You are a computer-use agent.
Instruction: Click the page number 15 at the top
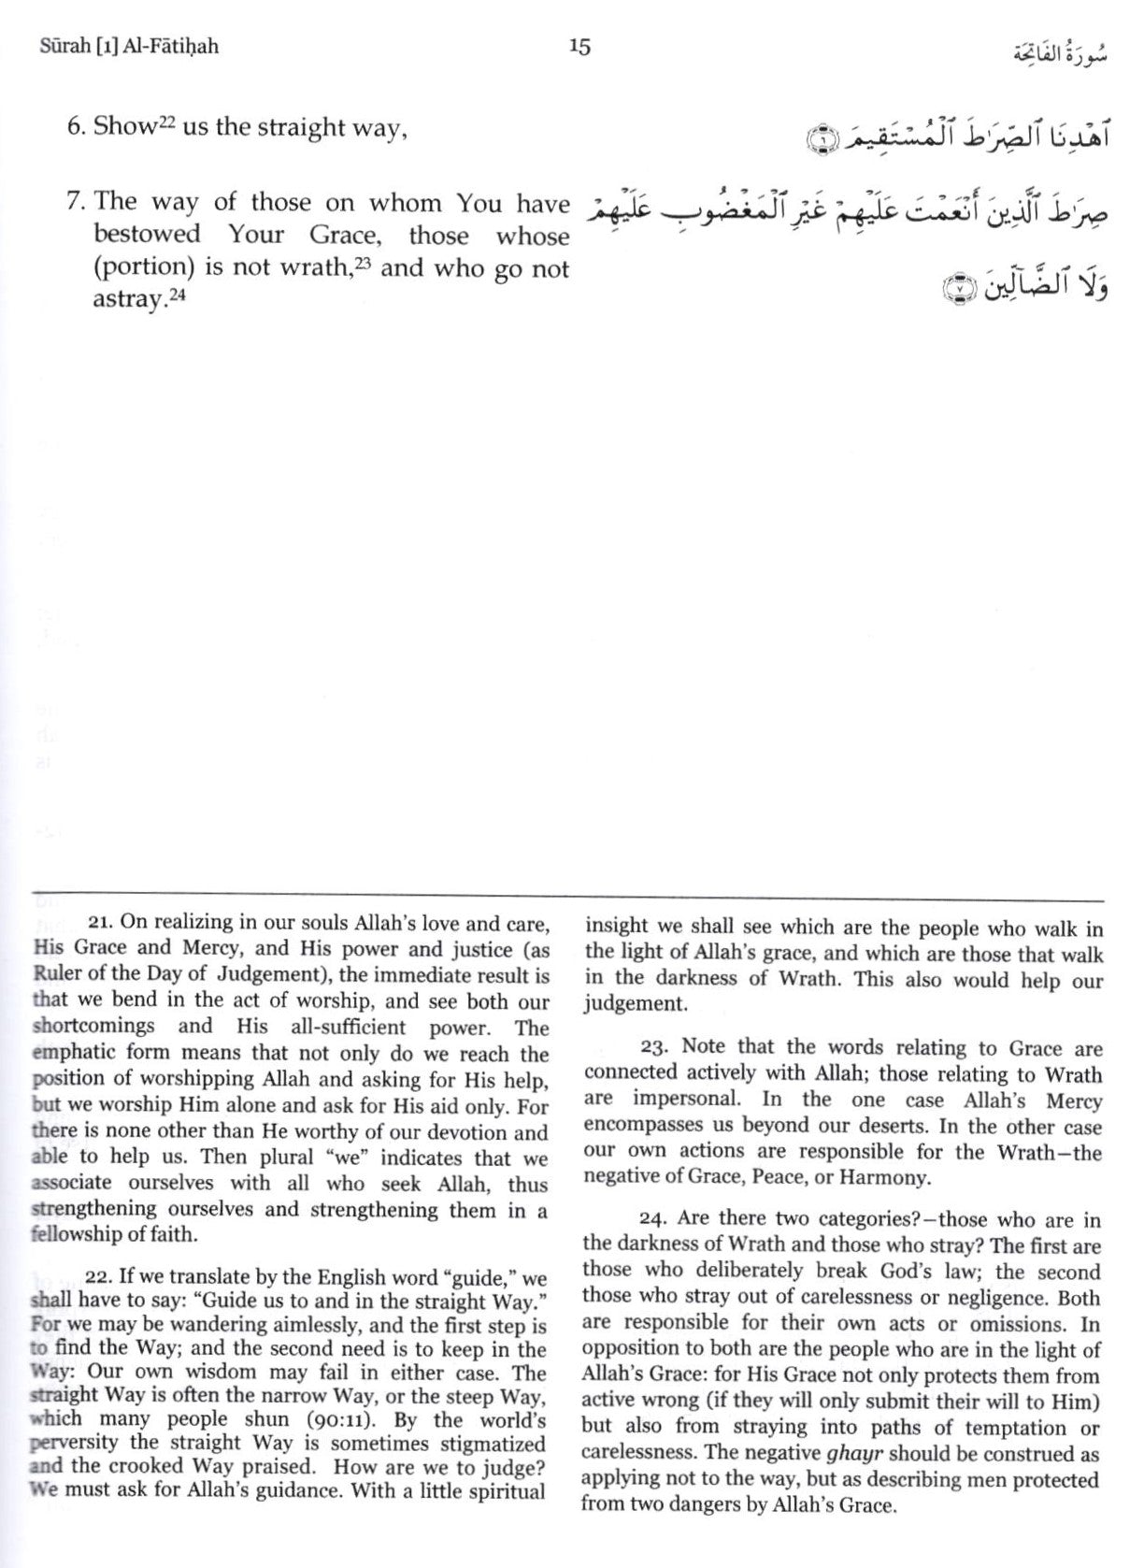tap(579, 46)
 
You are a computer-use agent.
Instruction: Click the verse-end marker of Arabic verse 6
tap(818, 142)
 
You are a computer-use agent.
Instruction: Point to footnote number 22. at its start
tap(99, 1279)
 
